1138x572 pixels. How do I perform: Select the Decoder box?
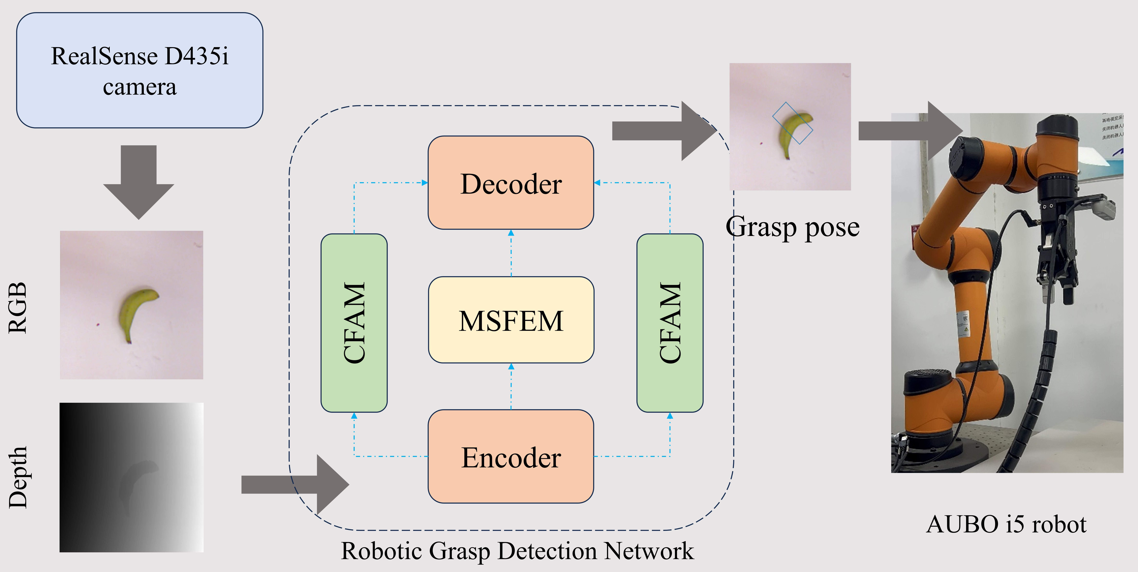tap(511, 183)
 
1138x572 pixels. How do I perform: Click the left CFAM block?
tap(354, 323)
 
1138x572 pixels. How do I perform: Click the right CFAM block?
tap(670, 323)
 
